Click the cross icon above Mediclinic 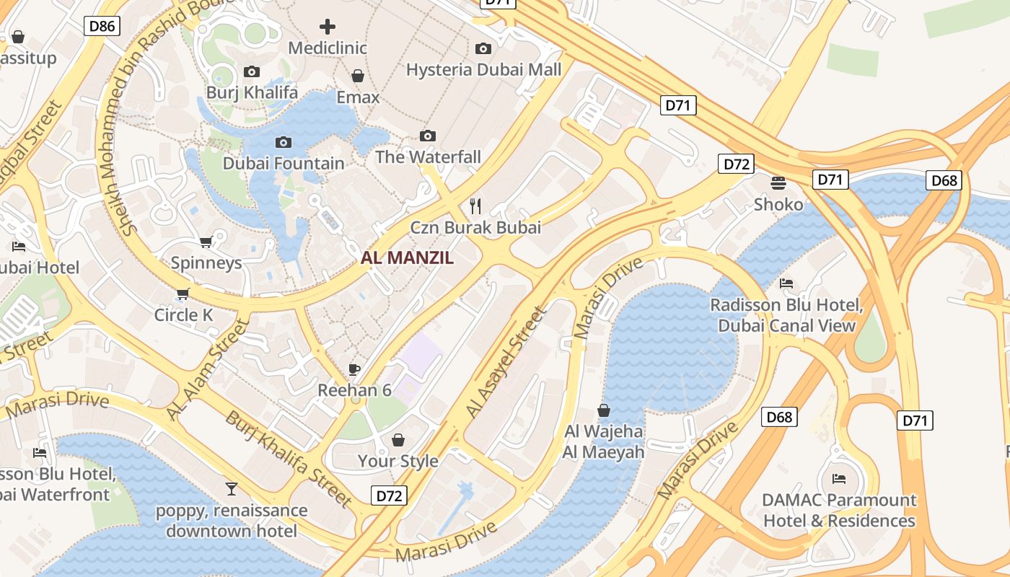coord(328,27)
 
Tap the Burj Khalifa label coord(252,93)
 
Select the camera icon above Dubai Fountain coord(284,142)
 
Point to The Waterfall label coord(428,157)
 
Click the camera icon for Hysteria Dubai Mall coord(483,49)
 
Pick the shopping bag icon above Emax coord(357,76)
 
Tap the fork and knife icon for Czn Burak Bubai coord(475,206)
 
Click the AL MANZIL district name coord(408,258)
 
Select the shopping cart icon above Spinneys coord(206,242)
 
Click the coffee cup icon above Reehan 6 coord(354,369)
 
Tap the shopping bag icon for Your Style coord(398,440)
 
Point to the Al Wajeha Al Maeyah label coord(604,442)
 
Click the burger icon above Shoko coord(778,183)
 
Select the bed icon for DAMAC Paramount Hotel coord(839,479)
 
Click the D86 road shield coord(102,27)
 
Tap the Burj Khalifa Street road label coord(289,459)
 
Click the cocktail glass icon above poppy coord(231,489)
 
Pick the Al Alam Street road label coord(207,369)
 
